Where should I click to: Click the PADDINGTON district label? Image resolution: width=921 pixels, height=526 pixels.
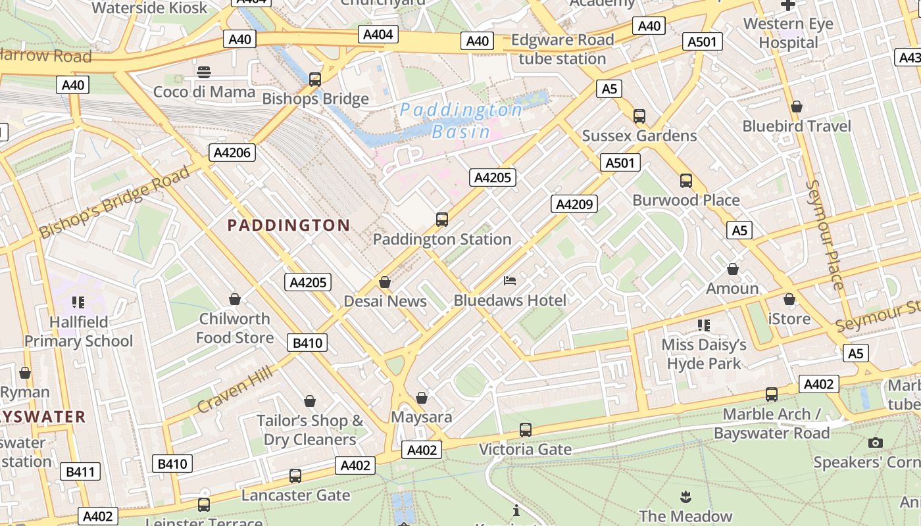tap(289, 226)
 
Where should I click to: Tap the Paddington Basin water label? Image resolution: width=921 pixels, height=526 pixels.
tap(461, 120)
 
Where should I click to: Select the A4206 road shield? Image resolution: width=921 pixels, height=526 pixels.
tap(232, 153)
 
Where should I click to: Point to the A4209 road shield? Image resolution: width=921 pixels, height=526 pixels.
tap(574, 204)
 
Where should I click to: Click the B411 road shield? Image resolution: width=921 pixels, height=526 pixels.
tap(81, 471)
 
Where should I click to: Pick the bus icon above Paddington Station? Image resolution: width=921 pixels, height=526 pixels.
tap(442, 220)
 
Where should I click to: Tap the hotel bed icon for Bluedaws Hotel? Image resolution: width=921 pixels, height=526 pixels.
tap(510, 281)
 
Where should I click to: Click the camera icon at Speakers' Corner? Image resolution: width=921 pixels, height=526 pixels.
tap(875, 442)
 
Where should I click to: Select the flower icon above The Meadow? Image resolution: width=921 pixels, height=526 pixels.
tap(685, 496)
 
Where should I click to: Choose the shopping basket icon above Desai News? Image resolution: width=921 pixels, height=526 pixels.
tap(385, 282)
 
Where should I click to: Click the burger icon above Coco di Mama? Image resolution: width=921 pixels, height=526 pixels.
tap(204, 72)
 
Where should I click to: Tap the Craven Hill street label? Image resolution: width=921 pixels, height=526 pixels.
tap(235, 390)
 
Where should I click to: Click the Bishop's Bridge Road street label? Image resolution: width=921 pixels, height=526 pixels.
tap(114, 202)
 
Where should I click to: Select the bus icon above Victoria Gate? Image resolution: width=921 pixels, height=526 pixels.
tap(525, 430)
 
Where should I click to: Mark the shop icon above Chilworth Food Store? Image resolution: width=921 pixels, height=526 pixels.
tap(235, 299)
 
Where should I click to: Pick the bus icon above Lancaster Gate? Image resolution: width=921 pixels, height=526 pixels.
tap(295, 475)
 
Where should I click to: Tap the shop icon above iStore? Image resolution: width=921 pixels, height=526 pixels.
tap(789, 299)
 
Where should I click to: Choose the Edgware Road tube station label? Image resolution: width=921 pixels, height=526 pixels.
tap(562, 49)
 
